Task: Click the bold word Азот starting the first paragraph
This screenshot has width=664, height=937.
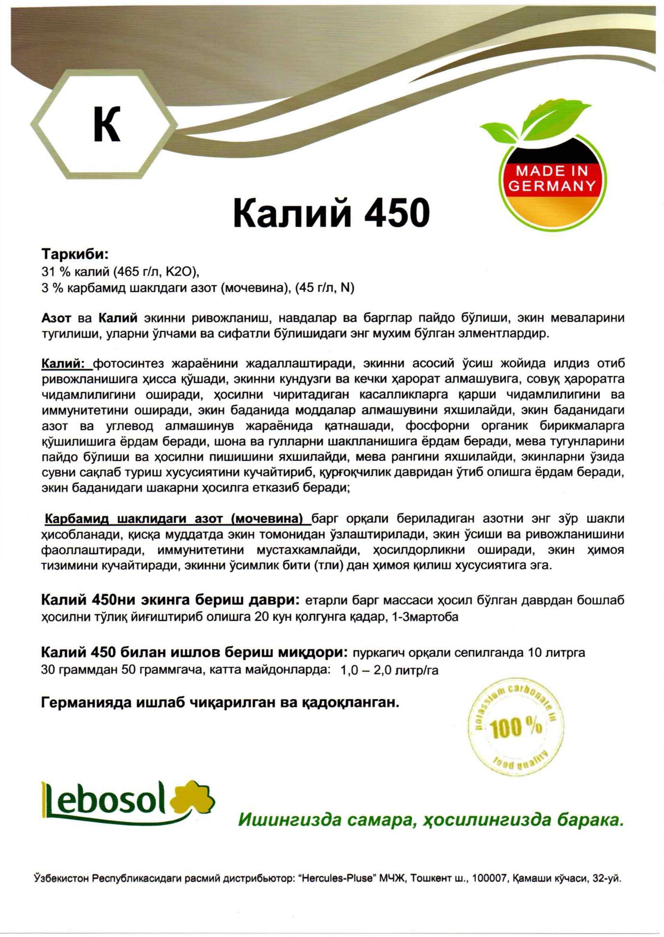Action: click(56, 318)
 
